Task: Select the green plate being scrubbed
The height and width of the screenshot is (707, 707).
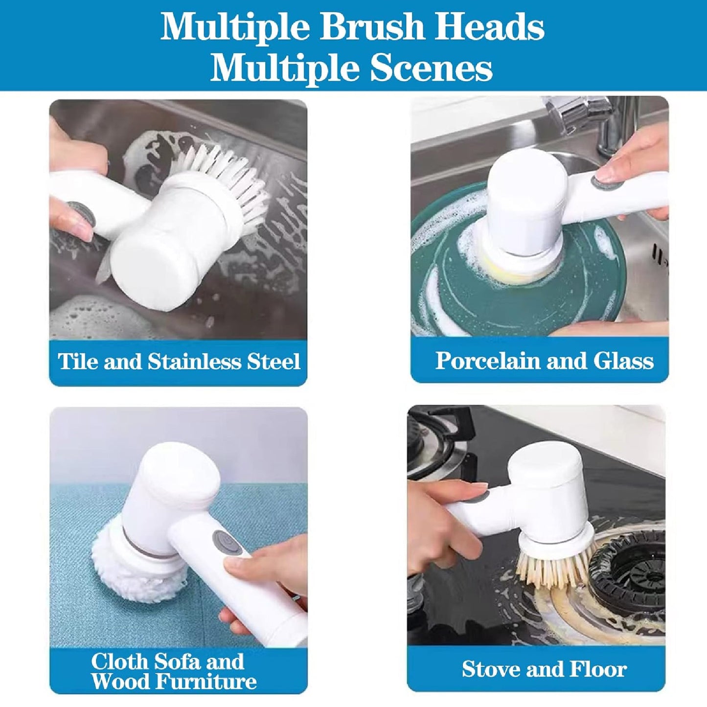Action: tap(514, 279)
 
